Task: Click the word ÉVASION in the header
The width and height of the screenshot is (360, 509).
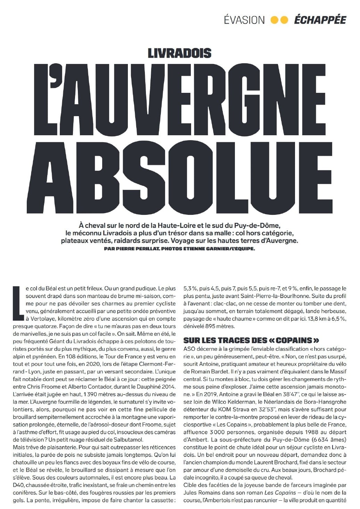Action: tap(244, 20)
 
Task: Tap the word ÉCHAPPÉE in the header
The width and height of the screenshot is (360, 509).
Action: tap(320, 20)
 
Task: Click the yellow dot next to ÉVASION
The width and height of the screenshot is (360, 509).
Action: tap(275, 20)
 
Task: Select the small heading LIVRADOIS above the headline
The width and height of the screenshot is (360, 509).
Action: tap(179, 53)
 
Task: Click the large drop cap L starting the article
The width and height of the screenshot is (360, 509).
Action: tap(18, 302)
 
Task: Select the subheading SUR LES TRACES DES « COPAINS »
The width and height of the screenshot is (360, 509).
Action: tap(251, 340)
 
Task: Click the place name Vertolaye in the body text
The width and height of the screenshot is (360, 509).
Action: tap(39, 318)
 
